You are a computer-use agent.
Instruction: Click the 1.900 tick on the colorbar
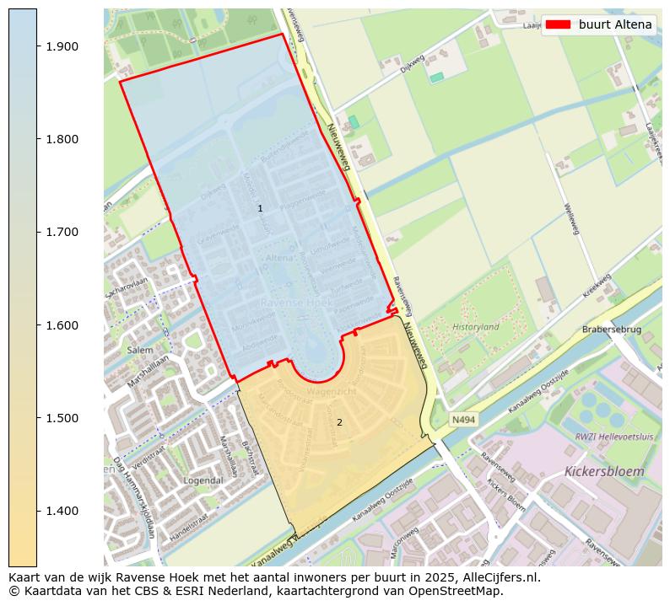point(62,46)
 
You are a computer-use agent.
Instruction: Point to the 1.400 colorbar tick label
point(62,511)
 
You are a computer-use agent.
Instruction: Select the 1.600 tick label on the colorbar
point(62,325)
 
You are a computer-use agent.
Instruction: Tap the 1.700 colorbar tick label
point(62,232)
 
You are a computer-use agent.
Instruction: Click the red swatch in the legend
point(558,24)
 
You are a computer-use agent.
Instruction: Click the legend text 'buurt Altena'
point(615,24)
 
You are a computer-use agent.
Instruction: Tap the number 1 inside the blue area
point(260,208)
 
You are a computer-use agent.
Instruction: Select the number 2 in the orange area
point(339,422)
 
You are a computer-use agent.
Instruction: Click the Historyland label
point(476,327)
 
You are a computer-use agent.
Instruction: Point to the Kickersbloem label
point(604,471)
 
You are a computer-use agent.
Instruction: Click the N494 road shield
point(462,419)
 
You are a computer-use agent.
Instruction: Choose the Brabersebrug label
point(612,330)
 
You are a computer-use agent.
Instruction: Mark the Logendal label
point(203,480)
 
